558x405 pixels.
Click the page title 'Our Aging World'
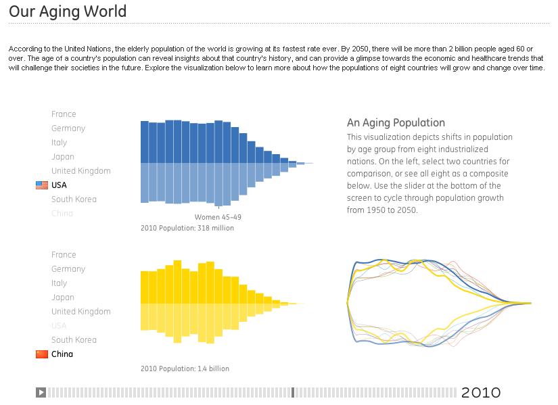tap(68, 11)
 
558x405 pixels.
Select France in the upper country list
tap(64, 114)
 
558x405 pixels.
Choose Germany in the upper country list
tap(68, 128)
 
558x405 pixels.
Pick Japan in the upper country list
tap(63, 157)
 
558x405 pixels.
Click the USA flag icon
tap(42, 185)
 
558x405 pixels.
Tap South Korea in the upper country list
tap(74, 199)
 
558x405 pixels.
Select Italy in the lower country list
tap(60, 283)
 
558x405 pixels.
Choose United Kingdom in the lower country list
tap(80, 312)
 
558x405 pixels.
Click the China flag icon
tap(42, 354)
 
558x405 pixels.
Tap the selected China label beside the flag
tap(62, 354)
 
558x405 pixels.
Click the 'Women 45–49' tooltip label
tap(218, 217)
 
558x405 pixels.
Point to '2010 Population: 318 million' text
tap(187, 229)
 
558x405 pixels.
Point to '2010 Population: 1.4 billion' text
tap(185, 369)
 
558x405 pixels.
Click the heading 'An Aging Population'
tap(396, 122)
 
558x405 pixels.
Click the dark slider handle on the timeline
tap(293, 392)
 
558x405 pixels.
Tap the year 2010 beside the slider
tap(481, 393)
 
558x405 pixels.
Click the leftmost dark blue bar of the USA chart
tap(144, 142)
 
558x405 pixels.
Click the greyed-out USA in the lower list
tap(59, 326)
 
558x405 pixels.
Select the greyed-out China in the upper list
tap(62, 214)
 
